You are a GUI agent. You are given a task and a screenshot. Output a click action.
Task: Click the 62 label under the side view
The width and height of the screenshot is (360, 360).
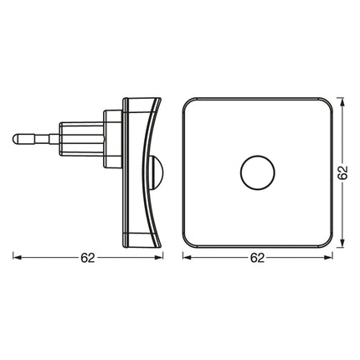coord(88,258)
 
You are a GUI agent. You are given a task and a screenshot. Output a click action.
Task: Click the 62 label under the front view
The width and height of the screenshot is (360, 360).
coord(257,258)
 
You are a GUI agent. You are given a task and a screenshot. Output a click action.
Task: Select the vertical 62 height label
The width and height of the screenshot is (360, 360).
coord(342,172)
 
